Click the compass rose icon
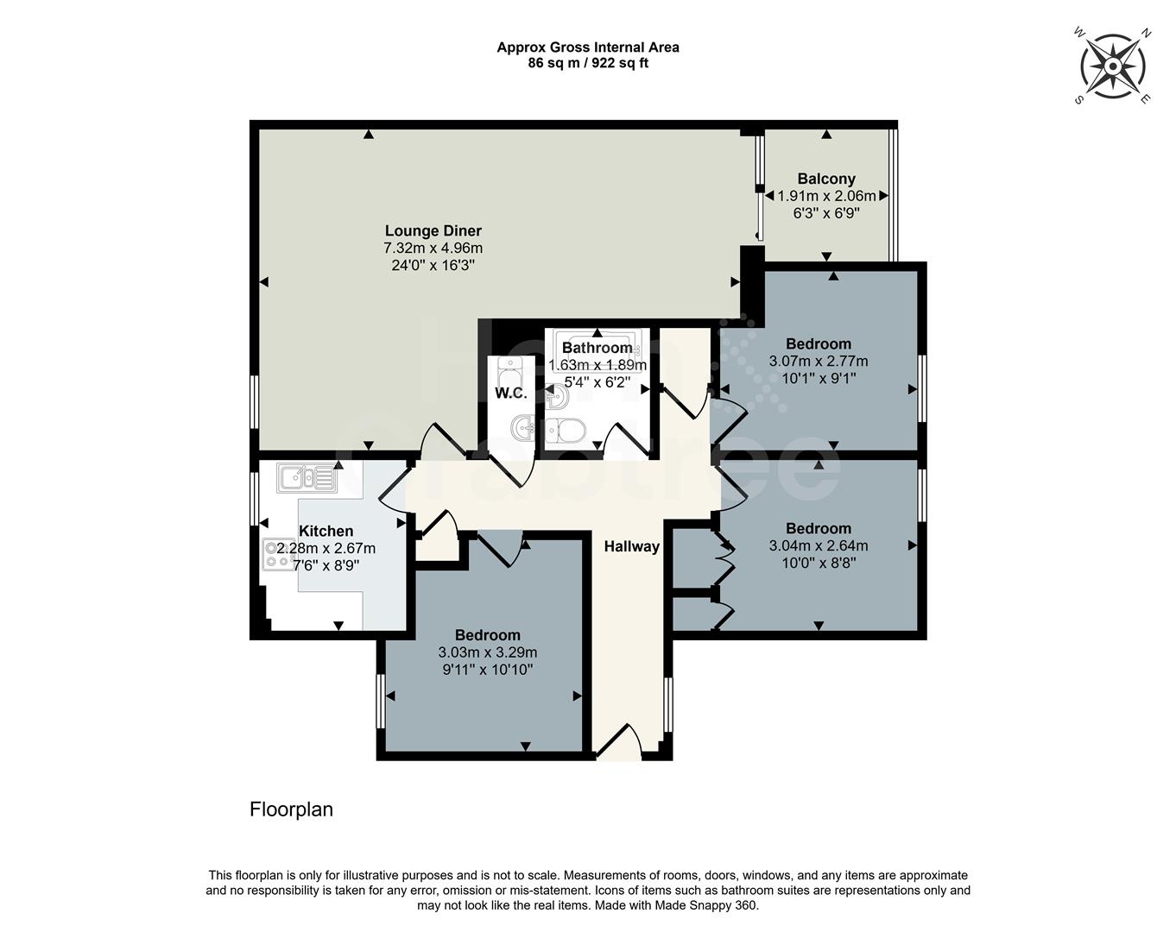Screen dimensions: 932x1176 pyautogui.click(x=1113, y=66)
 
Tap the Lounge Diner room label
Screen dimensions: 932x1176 pyautogui.click(x=433, y=230)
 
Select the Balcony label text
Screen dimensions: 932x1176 pyautogui.click(x=825, y=179)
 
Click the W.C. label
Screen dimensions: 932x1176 pyautogui.click(x=510, y=394)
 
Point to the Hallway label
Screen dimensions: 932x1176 pyautogui.click(x=631, y=546)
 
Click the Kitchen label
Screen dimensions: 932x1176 pyautogui.click(x=326, y=531)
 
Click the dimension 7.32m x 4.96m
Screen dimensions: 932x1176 pyautogui.click(x=433, y=249)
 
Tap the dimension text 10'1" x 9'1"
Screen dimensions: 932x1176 pyautogui.click(x=818, y=378)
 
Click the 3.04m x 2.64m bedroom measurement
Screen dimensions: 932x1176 pyautogui.click(x=818, y=545)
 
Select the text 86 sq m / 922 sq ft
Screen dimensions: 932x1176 pyautogui.click(x=587, y=63)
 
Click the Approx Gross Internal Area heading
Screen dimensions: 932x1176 pyautogui.click(x=587, y=47)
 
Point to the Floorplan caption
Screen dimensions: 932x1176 pyautogui.click(x=291, y=809)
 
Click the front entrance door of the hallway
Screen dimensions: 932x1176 pyautogui.click(x=618, y=744)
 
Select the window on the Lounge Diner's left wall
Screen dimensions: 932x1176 pyautogui.click(x=255, y=401)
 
